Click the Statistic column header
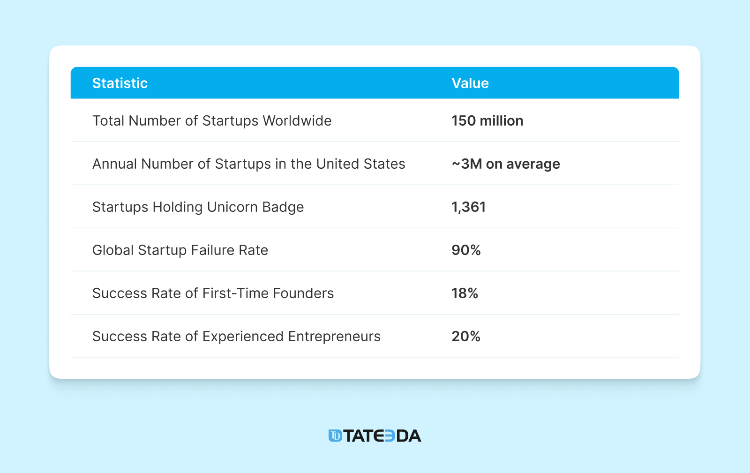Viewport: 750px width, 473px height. [x=120, y=83]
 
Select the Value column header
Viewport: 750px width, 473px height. [x=470, y=83]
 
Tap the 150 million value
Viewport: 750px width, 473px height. [x=487, y=120]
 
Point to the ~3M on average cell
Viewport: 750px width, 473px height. [x=505, y=164]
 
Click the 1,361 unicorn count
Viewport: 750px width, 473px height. [x=468, y=207]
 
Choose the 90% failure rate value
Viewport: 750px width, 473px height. [x=466, y=250]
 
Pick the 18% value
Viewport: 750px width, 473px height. [x=465, y=293]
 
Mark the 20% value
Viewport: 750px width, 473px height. [x=466, y=336]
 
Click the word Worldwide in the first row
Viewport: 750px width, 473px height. [x=297, y=120]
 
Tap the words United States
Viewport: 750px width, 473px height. [x=360, y=164]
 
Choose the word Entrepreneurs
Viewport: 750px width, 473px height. [x=334, y=336]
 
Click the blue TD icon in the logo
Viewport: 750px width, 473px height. [x=335, y=436]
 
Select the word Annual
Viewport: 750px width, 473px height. [x=115, y=164]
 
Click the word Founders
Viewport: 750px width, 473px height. [x=303, y=293]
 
